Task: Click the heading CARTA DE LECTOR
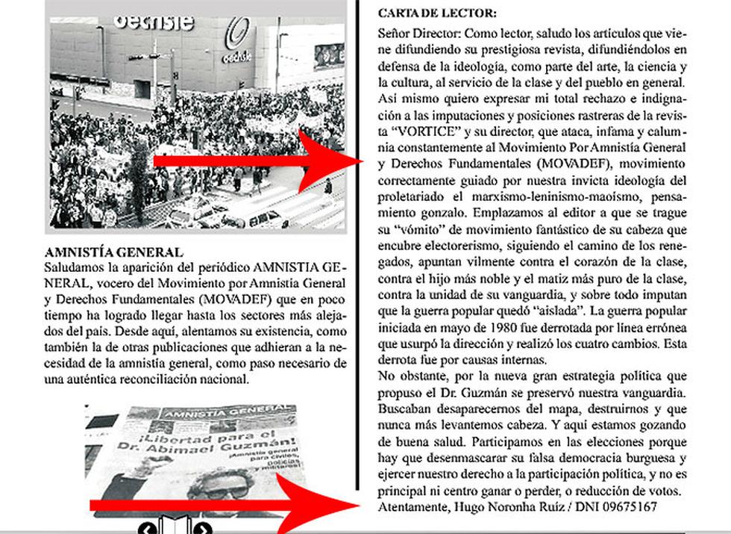[x=437, y=13]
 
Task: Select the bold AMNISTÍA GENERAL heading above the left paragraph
[x=114, y=252]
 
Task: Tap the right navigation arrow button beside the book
[x=203, y=529]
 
